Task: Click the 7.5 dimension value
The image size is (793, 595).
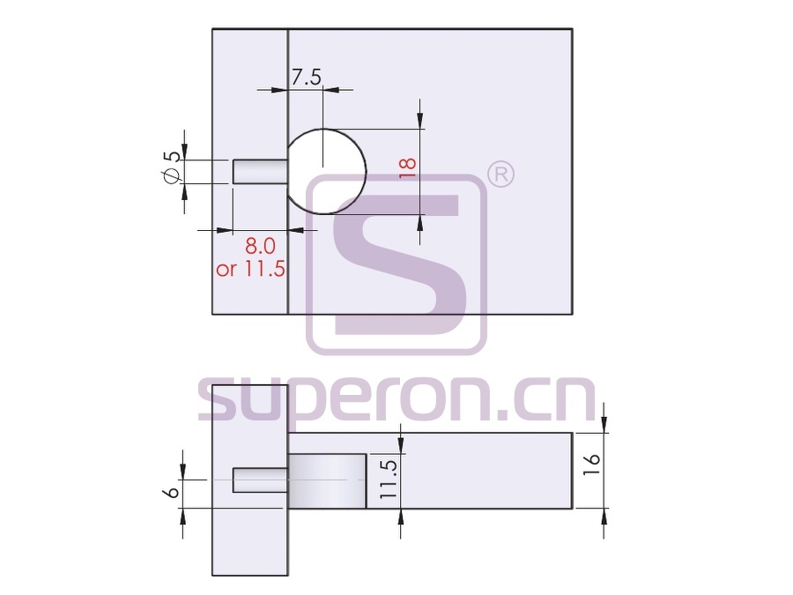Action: pos(307,78)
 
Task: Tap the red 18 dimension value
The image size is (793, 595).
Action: pos(408,167)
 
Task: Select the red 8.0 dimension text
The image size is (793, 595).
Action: pos(260,246)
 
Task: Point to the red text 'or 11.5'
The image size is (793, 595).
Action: pos(250,269)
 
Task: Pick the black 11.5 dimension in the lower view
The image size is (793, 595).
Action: pos(389,480)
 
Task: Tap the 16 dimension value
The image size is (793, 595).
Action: pos(591,465)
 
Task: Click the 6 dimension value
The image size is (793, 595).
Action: pos(172,492)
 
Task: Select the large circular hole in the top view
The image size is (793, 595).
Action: pos(327,172)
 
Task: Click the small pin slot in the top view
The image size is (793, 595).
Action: pos(260,172)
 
